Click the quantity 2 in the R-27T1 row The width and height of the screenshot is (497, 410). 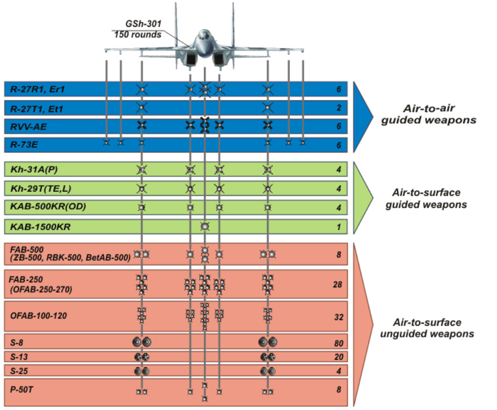click(339, 108)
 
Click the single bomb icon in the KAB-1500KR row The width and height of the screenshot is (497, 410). click(205, 227)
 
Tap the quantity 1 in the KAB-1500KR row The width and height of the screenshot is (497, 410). click(339, 228)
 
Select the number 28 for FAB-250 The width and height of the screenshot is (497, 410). click(337, 285)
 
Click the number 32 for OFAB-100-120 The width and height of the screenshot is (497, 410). click(337, 317)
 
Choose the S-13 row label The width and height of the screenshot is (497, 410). click(20, 357)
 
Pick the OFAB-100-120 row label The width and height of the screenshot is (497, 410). click(38, 316)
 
